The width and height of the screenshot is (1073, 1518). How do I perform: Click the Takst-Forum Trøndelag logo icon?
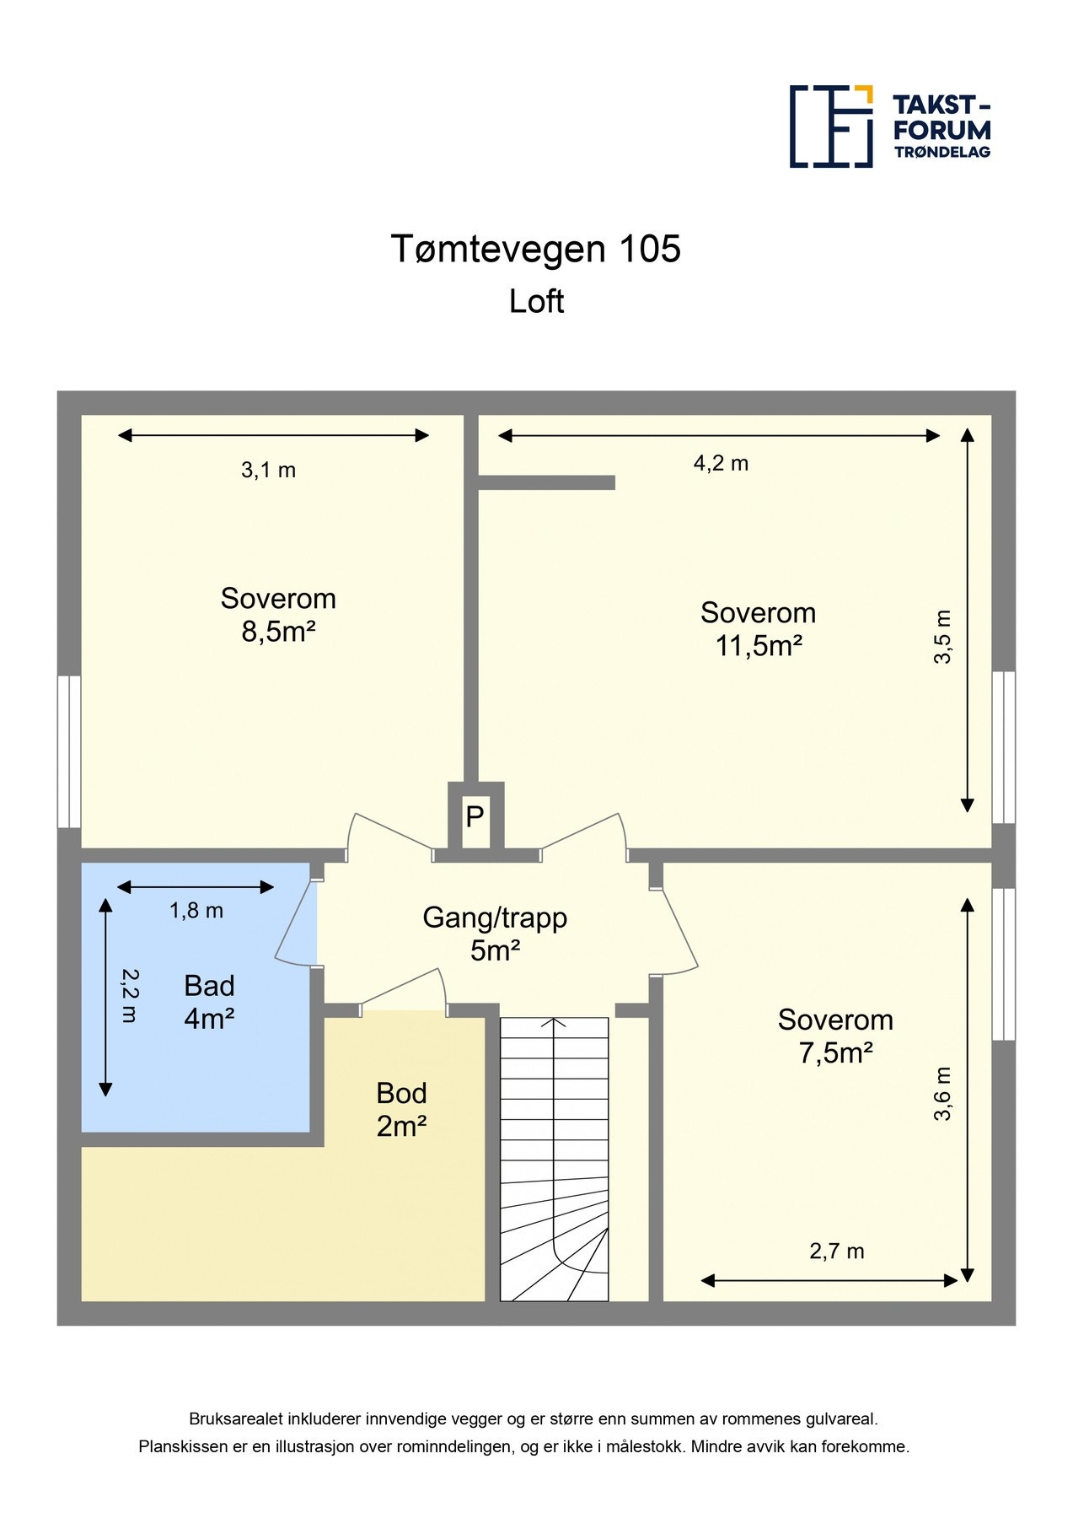coord(831,126)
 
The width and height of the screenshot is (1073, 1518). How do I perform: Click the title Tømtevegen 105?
coord(536,249)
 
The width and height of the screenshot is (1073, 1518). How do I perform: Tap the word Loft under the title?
coord(536,301)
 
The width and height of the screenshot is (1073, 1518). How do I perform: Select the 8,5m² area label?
coord(278,631)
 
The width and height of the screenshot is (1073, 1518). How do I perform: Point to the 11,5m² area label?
coord(759,645)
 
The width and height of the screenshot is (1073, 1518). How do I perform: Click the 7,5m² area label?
coord(835,1052)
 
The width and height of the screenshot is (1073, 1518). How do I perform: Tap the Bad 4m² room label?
coord(209,1002)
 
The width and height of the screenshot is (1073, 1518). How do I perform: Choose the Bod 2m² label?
coord(401,1109)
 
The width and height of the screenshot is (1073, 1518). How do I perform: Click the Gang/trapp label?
coord(495,918)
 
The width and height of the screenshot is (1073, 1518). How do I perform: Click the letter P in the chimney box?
coord(475,816)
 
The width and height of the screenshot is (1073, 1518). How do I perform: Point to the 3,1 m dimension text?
coord(268,470)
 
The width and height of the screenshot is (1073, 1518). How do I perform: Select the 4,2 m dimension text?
coord(721,463)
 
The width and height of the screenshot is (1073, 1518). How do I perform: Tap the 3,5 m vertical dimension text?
coord(942,637)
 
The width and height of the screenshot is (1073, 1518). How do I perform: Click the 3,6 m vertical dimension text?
coord(942,1094)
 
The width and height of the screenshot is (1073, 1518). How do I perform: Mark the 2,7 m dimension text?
coord(837,1251)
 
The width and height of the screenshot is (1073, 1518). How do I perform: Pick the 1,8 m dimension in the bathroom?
coord(196,910)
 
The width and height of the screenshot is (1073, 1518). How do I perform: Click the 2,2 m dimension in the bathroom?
coord(129,995)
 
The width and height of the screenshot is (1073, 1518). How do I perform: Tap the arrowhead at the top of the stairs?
coord(554,1023)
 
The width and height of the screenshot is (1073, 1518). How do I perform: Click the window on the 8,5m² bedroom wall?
coord(69,751)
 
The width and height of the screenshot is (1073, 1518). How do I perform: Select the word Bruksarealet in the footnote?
coord(233,1419)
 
